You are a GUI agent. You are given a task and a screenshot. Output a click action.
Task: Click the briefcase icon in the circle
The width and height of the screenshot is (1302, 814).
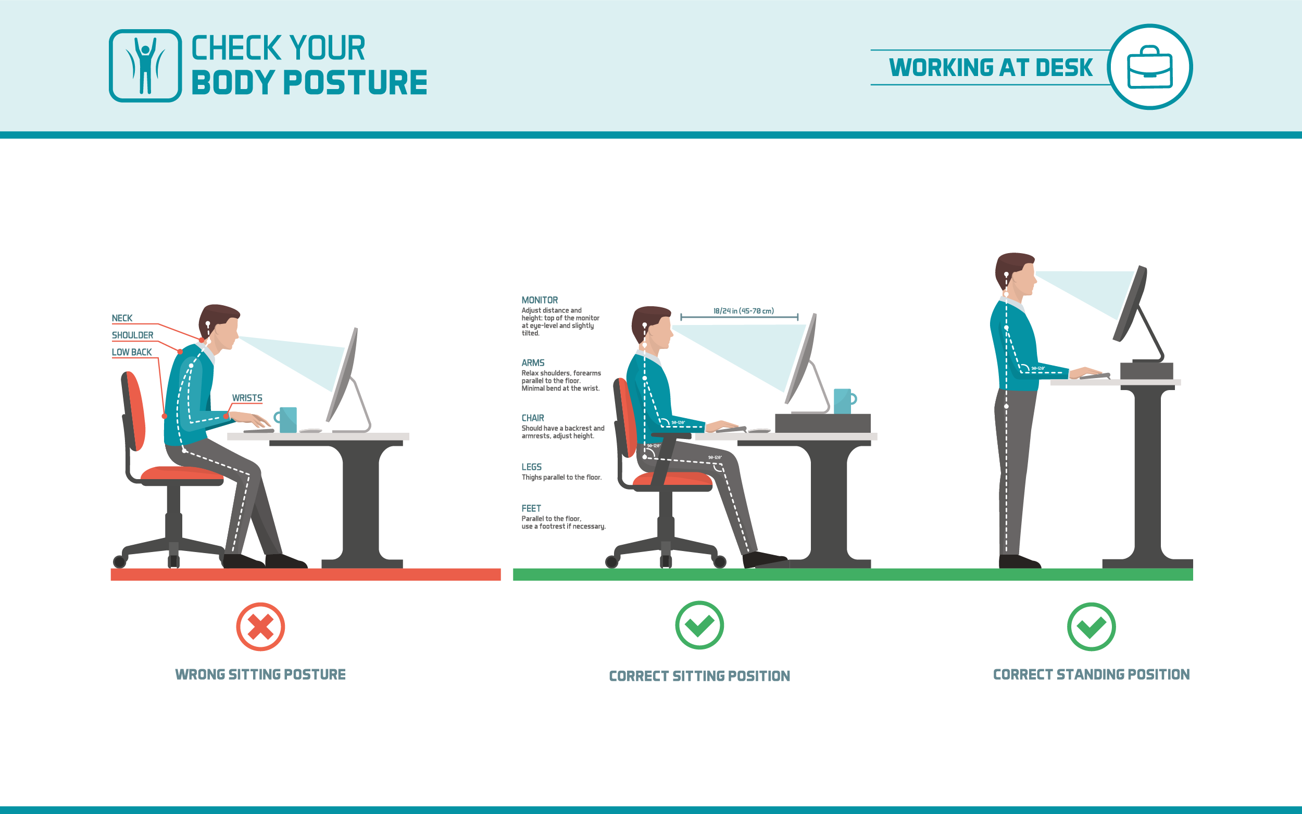[x=1150, y=67]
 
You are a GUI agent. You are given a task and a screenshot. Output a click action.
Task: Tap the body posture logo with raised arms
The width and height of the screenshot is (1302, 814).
[x=145, y=66]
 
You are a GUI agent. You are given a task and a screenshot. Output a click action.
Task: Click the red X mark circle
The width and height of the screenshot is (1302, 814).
[x=260, y=627]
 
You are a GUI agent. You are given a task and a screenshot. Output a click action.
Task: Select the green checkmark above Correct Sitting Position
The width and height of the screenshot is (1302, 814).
[x=699, y=625]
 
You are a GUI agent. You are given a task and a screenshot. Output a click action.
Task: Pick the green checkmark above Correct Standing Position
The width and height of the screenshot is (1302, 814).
[x=1091, y=627]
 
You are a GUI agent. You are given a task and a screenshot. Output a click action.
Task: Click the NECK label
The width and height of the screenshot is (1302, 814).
[x=122, y=318]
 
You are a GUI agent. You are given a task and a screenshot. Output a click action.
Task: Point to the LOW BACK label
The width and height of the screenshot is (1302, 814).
[x=132, y=352]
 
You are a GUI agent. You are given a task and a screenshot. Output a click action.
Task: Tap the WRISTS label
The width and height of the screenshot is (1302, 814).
[x=247, y=398]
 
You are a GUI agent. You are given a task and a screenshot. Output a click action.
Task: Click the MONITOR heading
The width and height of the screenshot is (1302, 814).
[x=540, y=300]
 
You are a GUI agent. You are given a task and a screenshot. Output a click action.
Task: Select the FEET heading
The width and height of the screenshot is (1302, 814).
[x=531, y=508]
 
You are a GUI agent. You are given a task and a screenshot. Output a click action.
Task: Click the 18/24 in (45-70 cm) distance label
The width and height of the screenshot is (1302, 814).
[x=743, y=310]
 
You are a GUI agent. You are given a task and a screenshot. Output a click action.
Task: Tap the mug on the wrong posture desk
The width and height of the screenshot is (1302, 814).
[x=287, y=419]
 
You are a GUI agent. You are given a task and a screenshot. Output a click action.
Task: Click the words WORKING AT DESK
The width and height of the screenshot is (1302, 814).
[x=991, y=67]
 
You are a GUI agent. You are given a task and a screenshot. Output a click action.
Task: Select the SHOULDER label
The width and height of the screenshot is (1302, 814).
[x=132, y=335]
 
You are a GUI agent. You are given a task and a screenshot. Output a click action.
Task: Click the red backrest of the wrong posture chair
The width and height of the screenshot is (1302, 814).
[x=135, y=410]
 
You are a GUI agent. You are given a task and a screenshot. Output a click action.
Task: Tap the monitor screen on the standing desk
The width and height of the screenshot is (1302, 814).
[x=1129, y=304]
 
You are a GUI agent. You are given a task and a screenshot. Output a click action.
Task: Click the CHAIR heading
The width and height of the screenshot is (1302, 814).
[x=532, y=418]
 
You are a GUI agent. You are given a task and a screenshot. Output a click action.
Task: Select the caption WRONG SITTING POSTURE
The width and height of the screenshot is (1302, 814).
[x=260, y=674]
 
